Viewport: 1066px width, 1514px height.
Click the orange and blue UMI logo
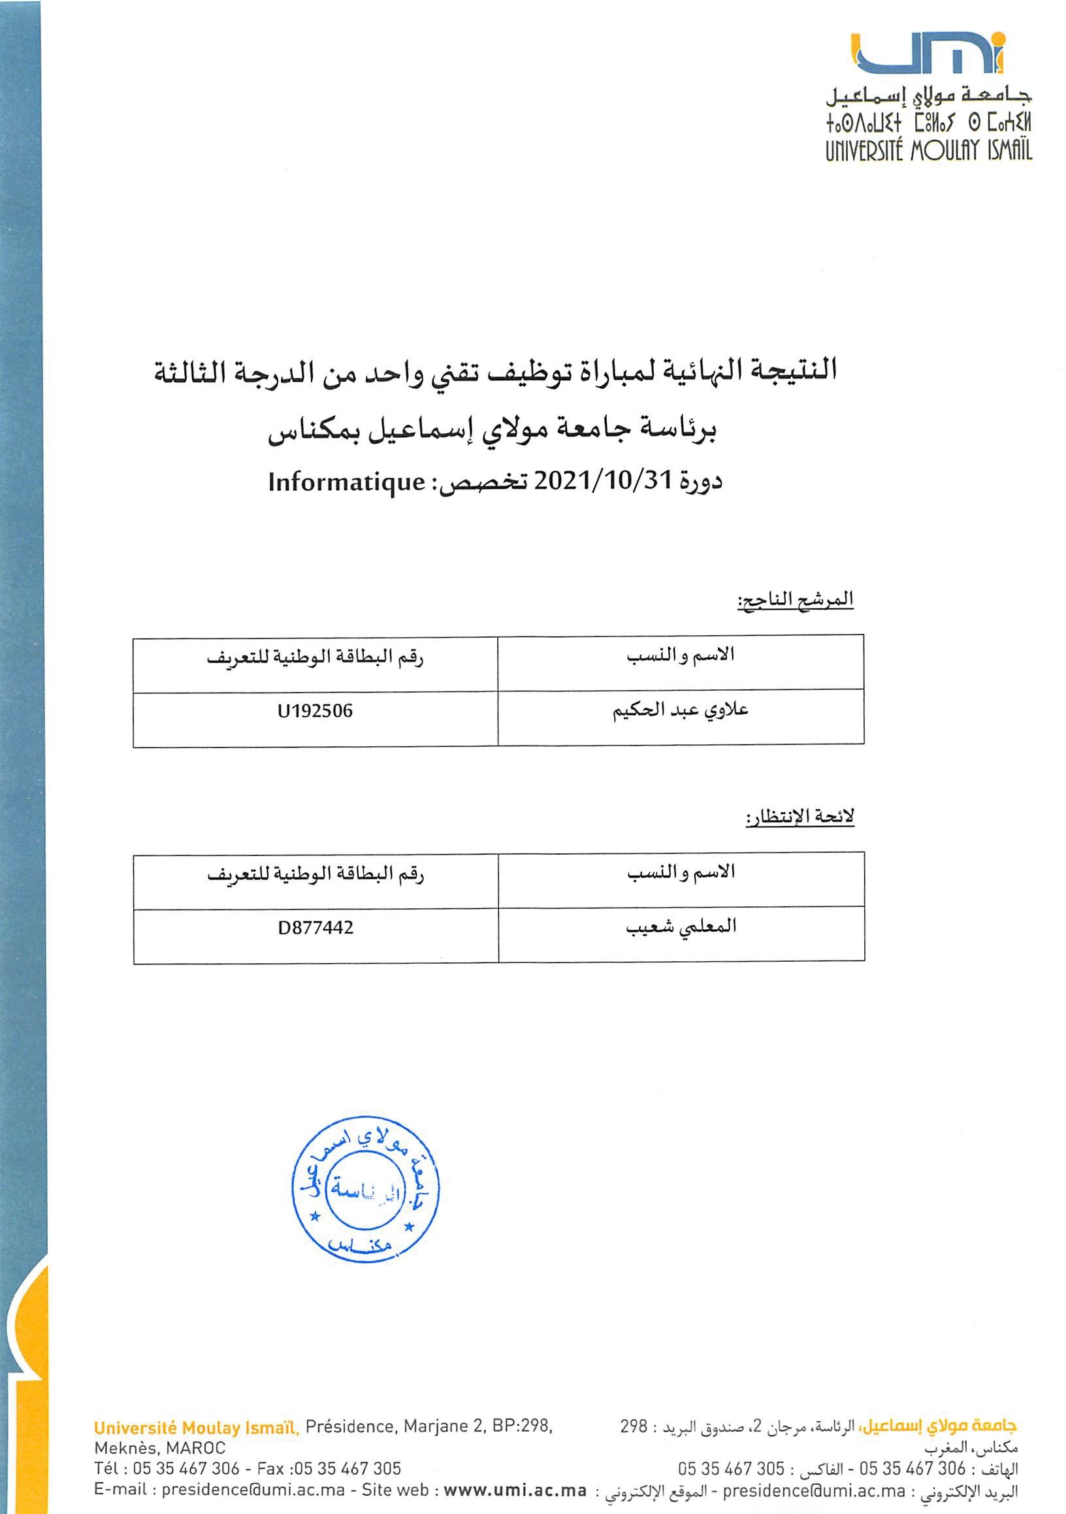(928, 54)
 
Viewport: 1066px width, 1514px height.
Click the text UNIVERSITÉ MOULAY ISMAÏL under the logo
(928, 151)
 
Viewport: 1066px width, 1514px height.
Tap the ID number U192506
(315, 711)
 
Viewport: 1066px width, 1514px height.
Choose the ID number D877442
(315, 928)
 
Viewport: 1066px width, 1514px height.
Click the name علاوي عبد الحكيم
(681, 710)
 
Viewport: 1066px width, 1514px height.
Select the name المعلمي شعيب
(681, 927)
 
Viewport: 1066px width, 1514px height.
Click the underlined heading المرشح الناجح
(795, 599)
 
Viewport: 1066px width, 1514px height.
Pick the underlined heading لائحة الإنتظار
(799, 816)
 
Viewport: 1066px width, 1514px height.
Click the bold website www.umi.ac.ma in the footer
(515, 1490)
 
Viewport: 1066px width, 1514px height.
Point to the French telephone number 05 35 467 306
(186, 1468)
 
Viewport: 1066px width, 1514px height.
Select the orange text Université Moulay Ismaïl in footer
(197, 1428)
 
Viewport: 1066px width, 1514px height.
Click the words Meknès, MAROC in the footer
(159, 1448)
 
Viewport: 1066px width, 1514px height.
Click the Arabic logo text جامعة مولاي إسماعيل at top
(928, 97)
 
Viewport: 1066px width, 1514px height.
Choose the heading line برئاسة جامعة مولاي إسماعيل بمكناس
(493, 429)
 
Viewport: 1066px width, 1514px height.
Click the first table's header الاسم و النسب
(681, 655)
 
